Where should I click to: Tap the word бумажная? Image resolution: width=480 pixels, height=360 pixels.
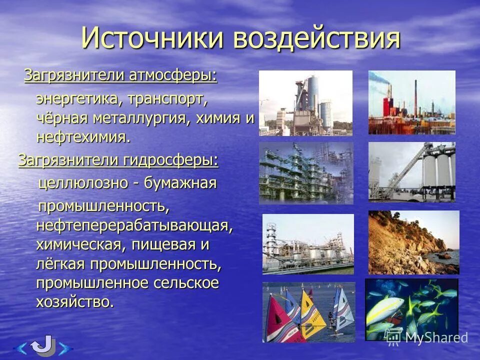coord(180,183)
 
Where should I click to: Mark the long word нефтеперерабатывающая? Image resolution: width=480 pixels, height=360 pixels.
coord(134,225)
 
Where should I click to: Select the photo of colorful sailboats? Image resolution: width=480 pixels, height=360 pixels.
coord(308,311)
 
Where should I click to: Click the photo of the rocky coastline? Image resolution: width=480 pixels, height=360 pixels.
coord(413,242)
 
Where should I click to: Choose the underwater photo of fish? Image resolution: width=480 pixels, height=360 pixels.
coord(411,309)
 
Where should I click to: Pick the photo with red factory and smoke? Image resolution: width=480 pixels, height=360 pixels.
coord(411,102)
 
